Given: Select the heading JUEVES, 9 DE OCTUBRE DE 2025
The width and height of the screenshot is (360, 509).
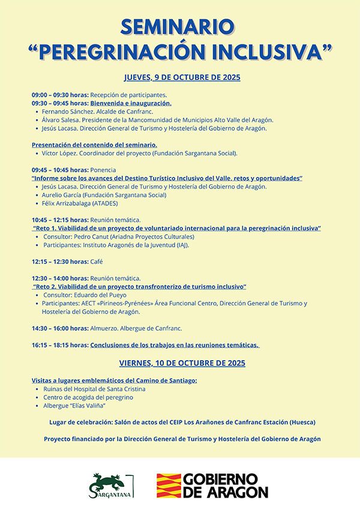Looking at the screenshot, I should (182, 77).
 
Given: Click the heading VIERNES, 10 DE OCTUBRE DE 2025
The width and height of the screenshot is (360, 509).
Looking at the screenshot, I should (182, 363).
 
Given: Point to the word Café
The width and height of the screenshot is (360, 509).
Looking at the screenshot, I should (97, 262).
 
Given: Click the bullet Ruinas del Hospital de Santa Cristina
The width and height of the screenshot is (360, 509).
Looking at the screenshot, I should (94, 389).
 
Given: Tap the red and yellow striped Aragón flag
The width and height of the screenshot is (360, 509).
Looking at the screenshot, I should (168, 486).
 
